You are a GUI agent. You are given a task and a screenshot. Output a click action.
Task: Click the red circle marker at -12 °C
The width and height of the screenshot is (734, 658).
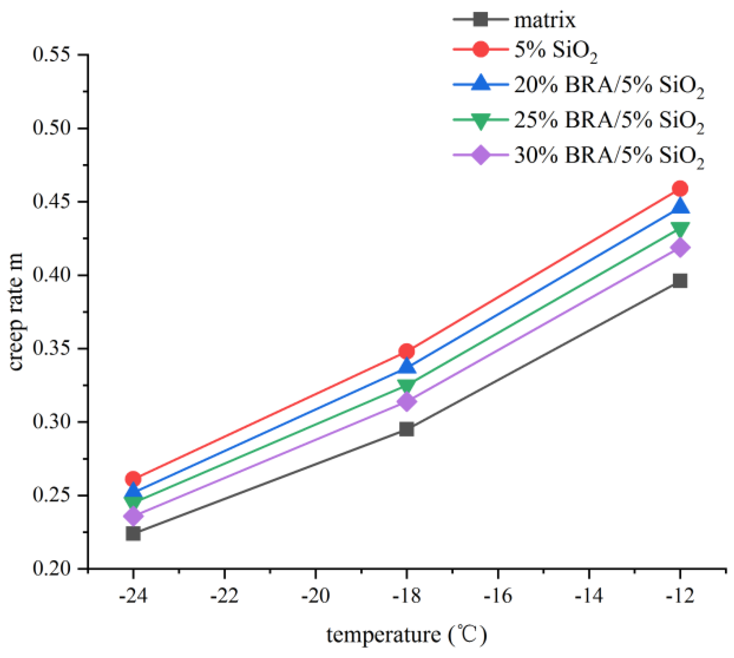click(x=679, y=189)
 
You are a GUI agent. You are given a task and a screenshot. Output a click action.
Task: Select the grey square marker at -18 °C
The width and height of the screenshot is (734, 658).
click(x=406, y=429)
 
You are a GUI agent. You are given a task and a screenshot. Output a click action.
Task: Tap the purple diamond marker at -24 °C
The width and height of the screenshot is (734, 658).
click(x=133, y=516)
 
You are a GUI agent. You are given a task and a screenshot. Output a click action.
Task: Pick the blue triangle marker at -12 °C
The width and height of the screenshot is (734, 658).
click(x=679, y=206)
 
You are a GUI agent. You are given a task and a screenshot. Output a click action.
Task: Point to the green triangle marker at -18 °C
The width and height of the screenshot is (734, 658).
click(x=406, y=385)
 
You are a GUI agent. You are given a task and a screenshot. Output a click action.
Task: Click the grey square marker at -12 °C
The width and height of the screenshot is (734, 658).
click(x=679, y=281)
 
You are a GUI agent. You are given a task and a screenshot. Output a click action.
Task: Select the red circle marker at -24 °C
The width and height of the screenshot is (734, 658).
click(x=133, y=479)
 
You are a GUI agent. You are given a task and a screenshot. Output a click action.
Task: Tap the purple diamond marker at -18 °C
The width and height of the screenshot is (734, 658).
click(x=406, y=402)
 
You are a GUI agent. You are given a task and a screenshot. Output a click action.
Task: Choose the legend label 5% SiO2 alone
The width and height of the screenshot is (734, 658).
click(x=555, y=51)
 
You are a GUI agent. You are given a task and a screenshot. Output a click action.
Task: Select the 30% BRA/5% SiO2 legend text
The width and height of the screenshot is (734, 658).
click(x=608, y=156)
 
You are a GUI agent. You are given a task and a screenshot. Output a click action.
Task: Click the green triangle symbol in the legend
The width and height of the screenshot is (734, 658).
click(x=480, y=121)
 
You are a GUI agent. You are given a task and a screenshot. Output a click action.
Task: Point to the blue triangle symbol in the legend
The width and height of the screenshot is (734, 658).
click(x=480, y=84)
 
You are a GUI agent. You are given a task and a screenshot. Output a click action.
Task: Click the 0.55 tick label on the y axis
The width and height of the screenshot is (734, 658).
click(x=52, y=55)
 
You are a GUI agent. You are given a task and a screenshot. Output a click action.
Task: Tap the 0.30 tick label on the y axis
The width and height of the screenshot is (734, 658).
click(x=52, y=422)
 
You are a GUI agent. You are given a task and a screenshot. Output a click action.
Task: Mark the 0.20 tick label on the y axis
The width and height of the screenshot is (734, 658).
click(x=52, y=568)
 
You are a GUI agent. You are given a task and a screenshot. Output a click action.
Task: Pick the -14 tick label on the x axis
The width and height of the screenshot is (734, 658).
click(x=589, y=596)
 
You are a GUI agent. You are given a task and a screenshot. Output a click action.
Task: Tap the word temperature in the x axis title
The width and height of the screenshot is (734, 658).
click(x=383, y=635)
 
